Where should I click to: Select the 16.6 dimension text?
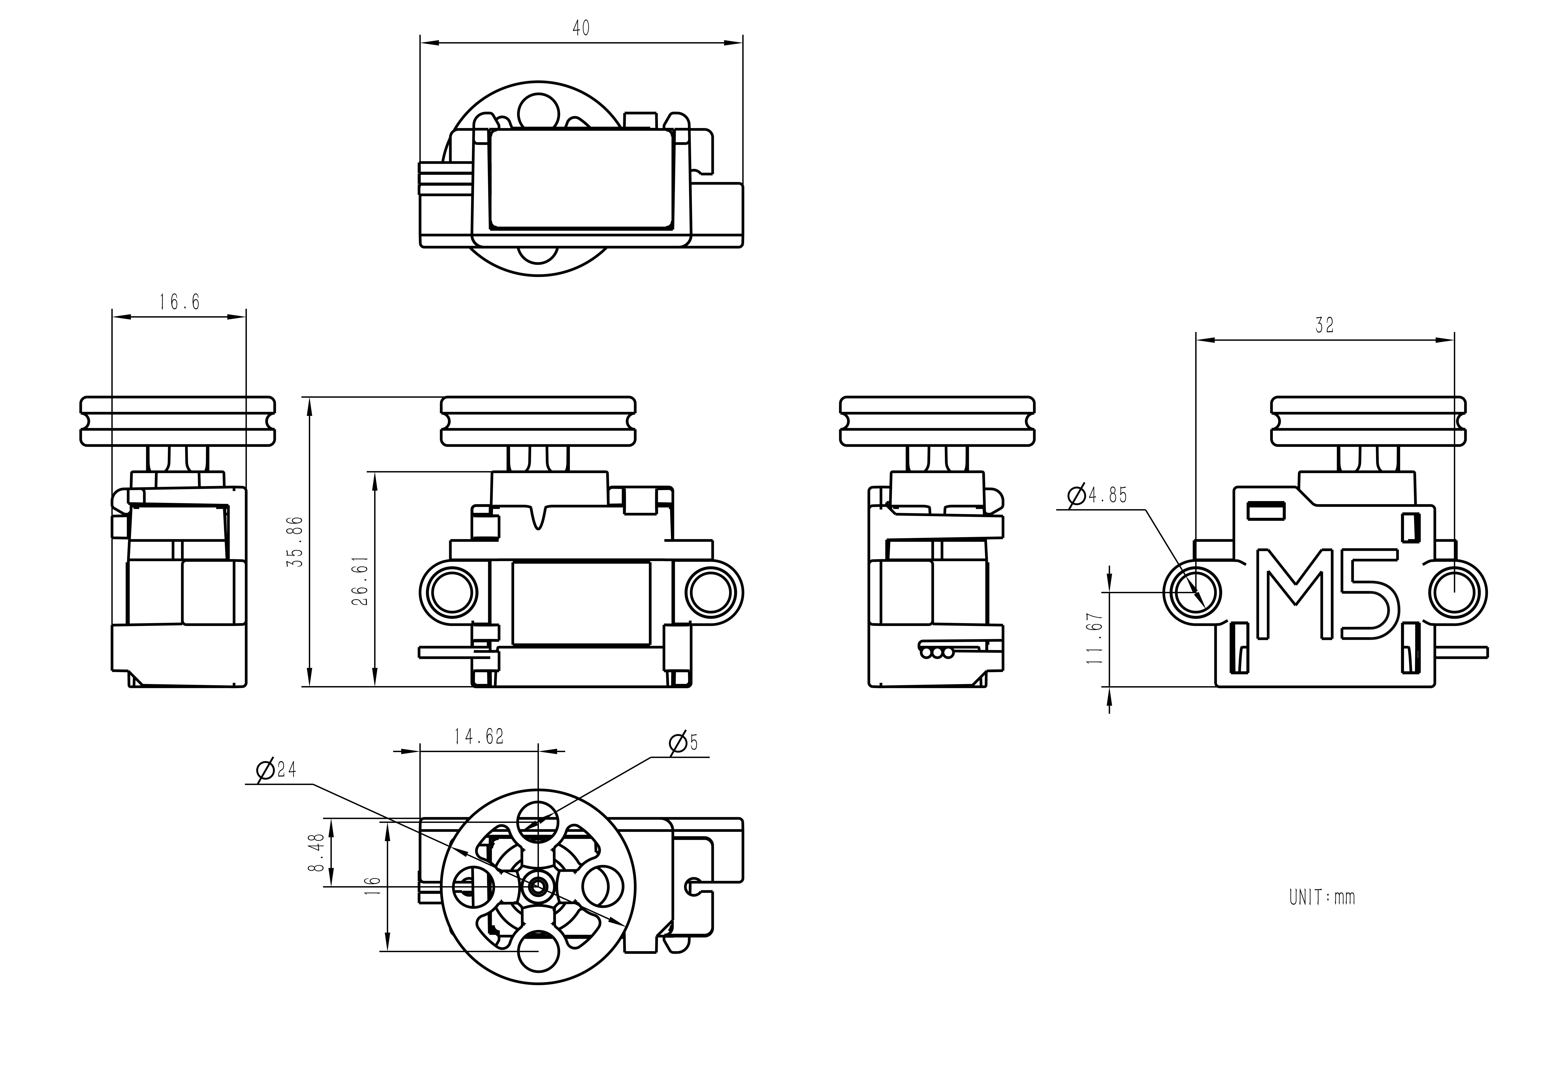pos(179,302)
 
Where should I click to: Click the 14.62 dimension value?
pos(479,737)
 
